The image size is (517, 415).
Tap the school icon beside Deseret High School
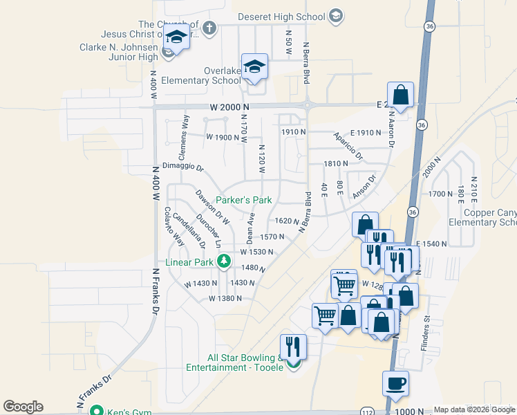[336, 16]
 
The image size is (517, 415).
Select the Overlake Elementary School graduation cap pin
[254, 67]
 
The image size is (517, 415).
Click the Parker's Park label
[244, 200]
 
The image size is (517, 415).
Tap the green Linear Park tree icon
[223, 261]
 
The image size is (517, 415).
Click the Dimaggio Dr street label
[183, 167]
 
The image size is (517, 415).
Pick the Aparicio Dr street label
[348, 146]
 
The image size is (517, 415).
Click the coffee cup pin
[395, 382]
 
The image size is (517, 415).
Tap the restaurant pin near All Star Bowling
[293, 347]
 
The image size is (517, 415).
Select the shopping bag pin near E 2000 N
[400, 94]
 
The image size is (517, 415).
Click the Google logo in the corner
[23, 407]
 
